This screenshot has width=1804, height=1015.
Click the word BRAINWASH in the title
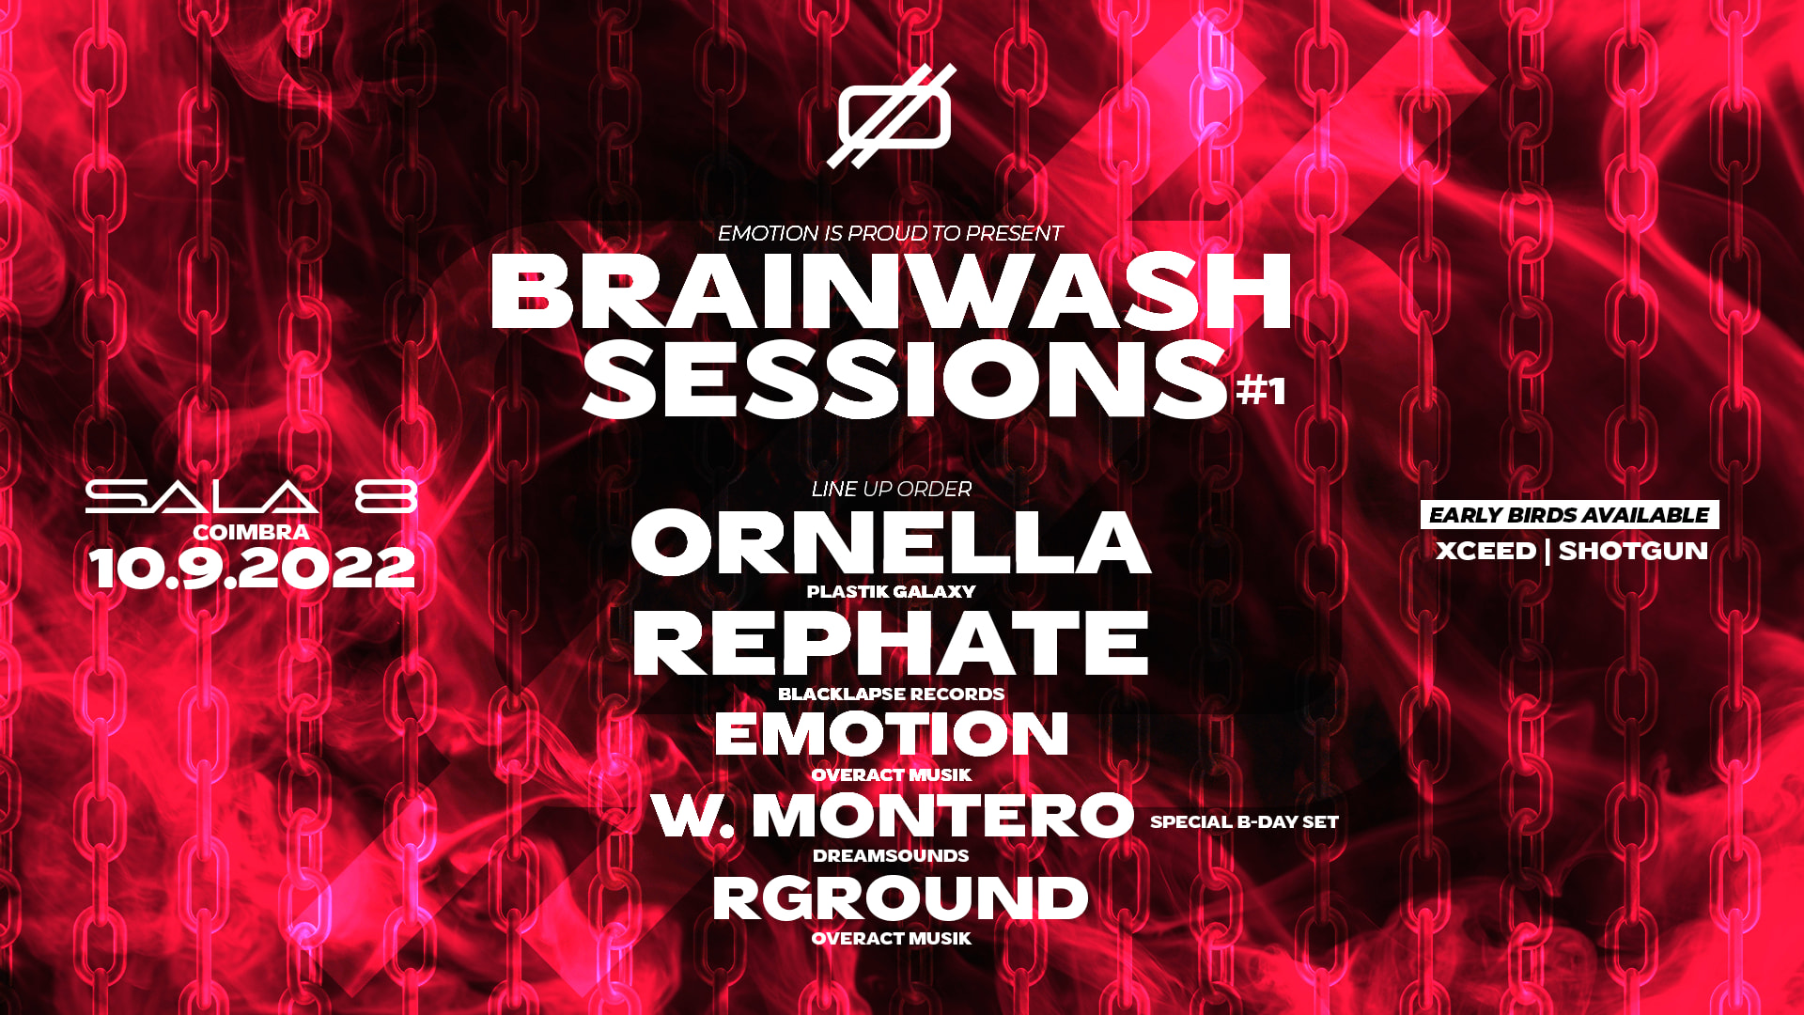coord(891,292)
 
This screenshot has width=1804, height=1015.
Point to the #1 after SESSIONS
coord(1260,389)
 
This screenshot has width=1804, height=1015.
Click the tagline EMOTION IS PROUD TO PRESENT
coord(890,233)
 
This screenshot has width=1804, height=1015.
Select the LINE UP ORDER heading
coord(891,489)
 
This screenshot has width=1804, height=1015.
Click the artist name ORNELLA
coord(891,542)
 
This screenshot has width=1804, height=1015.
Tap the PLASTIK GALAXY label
coord(891,591)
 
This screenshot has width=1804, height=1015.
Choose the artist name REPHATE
coord(891,644)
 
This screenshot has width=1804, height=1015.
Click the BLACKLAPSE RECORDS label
coord(891,694)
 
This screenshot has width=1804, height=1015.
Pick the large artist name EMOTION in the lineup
coord(891,734)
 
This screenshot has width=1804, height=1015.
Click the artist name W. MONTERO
coord(893,815)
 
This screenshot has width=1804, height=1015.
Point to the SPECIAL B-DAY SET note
coord(1244,821)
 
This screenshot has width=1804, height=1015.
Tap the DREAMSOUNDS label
coord(891,855)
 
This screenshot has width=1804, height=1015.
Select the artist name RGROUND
coord(900,898)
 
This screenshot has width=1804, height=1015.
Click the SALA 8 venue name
coord(251,496)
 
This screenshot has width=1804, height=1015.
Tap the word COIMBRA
coord(251,532)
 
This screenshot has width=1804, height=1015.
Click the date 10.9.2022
coord(252,569)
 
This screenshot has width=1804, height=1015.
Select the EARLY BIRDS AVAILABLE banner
coord(1569,515)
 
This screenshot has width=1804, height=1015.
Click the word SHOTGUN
coord(1633,551)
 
